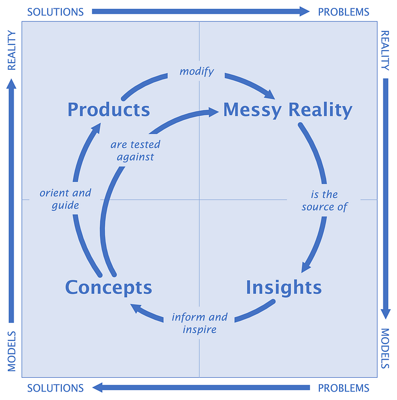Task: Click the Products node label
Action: (x=108, y=109)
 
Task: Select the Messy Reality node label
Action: (x=288, y=110)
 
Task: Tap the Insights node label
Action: (x=284, y=287)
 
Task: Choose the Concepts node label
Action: (x=108, y=287)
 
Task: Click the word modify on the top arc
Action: (x=196, y=71)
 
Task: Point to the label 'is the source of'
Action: (x=324, y=201)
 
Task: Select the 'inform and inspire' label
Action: (x=200, y=323)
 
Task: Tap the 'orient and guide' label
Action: (x=65, y=199)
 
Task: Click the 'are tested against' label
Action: (x=136, y=151)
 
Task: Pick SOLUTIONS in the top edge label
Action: (x=56, y=11)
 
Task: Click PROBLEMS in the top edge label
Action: (x=343, y=11)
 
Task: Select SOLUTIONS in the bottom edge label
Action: (x=56, y=388)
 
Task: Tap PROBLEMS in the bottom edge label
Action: (x=343, y=388)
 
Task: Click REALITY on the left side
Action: (x=11, y=50)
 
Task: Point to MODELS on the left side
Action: (x=11, y=351)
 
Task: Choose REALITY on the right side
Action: (x=386, y=50)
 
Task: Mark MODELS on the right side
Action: (x=386, y=348)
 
